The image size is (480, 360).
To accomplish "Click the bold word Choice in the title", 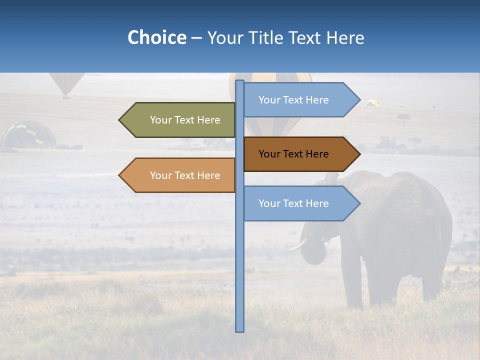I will click(x=156, y=38).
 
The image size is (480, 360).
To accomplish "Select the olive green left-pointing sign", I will click(x=180, y=120).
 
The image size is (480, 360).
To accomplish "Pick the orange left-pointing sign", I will click(x=180, y=175).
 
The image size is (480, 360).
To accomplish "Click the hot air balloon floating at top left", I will click(x=66, y=82).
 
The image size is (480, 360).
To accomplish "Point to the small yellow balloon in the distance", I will click(x=372, y=102).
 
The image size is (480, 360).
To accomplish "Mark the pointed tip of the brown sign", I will click(x=358, y=154).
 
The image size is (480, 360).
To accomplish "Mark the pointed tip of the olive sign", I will click(x=120, y=120).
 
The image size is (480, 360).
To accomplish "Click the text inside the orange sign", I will click(x=185, y=175).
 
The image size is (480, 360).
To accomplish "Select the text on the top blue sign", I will click(x=293, y=100).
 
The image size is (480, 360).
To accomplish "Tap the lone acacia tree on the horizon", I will click(x=403, y=119).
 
